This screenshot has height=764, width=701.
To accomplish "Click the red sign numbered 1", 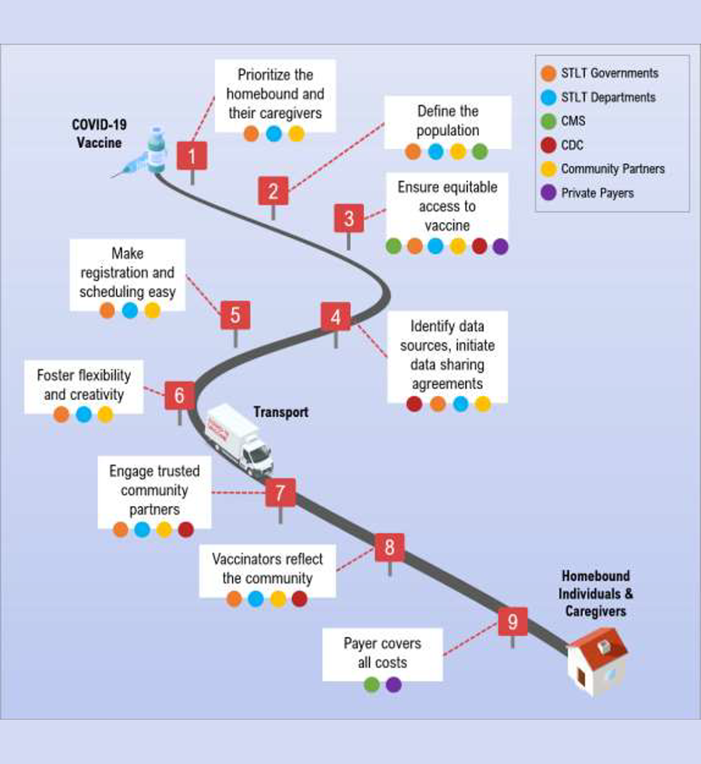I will coord(192,155).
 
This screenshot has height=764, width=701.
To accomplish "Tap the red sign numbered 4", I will coord(336,317).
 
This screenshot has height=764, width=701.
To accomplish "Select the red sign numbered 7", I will coord(280,493).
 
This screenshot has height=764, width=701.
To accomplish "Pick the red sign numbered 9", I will coord(513,621).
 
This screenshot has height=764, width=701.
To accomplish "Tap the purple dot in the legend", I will coord(548,193).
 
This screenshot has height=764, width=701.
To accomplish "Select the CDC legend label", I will coord(572,145).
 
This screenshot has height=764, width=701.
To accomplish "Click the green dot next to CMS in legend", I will coord(548,121).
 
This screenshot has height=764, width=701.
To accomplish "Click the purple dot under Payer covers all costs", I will coord(393,684).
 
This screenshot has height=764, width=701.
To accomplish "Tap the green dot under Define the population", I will coord(480,151).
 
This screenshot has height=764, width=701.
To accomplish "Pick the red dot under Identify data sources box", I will coord(415,404).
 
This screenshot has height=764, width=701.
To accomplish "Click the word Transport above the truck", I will coord(280,412).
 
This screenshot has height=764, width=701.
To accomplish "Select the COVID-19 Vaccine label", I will coord(97,133).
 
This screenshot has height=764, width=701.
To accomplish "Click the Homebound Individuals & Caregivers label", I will coord(597,594).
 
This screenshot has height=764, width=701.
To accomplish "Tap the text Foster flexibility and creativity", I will coord(83,384).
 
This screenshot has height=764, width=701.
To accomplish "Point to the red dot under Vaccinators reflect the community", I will coord(300,599).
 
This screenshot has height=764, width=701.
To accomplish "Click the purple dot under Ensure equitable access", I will coord(501,246).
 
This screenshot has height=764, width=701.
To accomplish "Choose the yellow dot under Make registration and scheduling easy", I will coord(152,310).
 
